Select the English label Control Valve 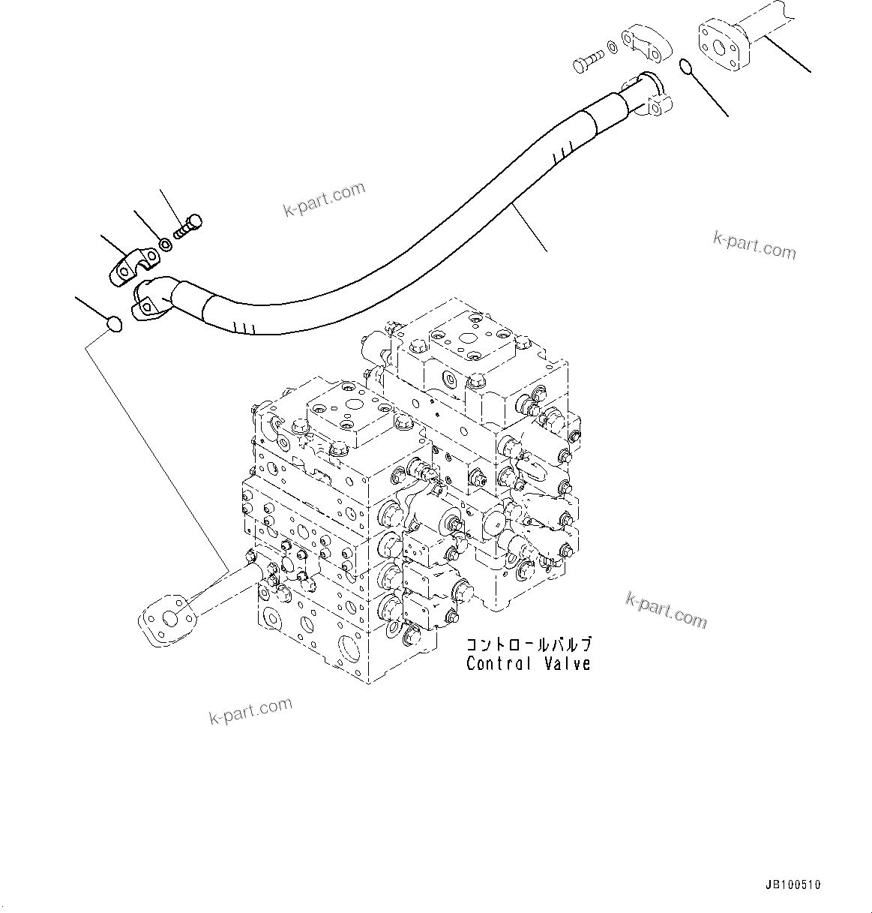coord(528,664)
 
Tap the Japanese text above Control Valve coord(529,644)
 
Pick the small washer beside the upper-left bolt coord(164,245)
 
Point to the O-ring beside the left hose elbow coord(113,324)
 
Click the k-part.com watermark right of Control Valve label coord(666,608)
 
